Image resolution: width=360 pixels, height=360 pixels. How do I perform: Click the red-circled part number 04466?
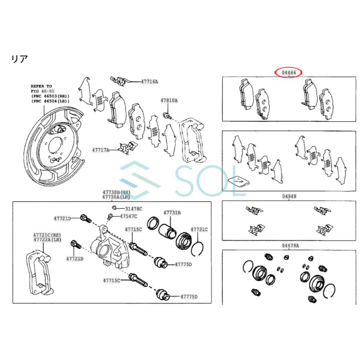(289, 73)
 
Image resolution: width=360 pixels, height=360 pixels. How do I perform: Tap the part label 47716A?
(150, 82)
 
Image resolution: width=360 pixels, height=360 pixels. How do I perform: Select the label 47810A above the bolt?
(169, 100)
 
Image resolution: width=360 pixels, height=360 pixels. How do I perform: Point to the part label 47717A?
(100, 150)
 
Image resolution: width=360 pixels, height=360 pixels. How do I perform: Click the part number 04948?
(289, 196)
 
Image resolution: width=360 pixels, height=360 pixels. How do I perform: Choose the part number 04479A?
(290, 246)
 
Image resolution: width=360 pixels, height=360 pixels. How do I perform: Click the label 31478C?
(134, 209)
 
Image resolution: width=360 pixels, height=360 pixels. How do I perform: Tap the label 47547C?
(128, 216)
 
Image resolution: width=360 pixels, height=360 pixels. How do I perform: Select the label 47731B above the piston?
(172, 213)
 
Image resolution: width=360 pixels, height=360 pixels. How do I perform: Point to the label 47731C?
(199, 229)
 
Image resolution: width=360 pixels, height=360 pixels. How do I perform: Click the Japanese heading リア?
(20, 59)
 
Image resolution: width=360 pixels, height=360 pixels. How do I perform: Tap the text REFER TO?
(41, 86)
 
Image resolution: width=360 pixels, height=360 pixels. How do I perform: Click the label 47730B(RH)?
(116, 192)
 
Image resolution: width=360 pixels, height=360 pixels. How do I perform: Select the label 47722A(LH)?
(47, 240)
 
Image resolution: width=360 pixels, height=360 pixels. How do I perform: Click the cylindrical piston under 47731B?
(167, 231)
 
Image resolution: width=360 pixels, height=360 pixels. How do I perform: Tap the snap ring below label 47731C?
(197, 249)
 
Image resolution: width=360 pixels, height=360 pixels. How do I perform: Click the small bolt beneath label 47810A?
(167, 116)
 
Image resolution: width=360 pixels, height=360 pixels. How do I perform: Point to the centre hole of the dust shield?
(54, 146)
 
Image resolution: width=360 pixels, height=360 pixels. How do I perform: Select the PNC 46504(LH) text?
(50, 101)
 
